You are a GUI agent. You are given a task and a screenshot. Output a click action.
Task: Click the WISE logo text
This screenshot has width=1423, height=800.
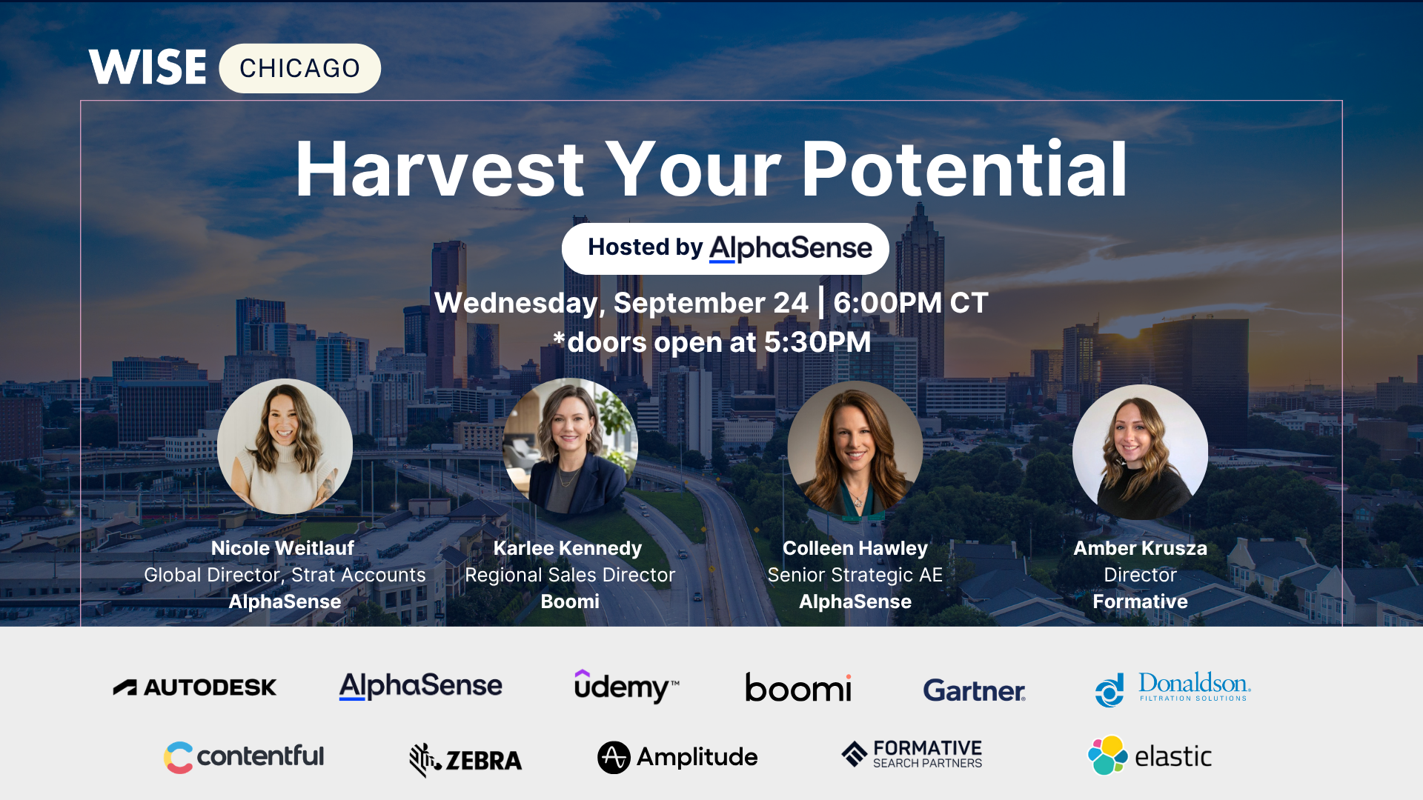[x=147, y=67]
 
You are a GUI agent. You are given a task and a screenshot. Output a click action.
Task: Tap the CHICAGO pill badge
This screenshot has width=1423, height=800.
[x=300, y=68]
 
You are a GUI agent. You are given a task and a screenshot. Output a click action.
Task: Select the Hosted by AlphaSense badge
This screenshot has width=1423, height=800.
[x=726, y=248]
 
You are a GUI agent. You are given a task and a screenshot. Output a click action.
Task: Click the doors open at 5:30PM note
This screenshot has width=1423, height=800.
[x=711, y=342]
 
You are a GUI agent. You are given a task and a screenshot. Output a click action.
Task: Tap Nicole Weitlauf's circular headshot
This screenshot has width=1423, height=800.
[x=285, y=447]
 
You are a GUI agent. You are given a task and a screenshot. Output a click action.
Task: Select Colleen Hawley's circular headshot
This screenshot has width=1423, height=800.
[x=855, y=448]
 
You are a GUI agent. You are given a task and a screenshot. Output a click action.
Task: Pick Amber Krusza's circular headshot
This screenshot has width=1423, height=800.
[x=1140, y=452]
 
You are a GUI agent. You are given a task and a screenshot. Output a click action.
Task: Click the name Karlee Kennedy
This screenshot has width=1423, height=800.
[x=568, y=548]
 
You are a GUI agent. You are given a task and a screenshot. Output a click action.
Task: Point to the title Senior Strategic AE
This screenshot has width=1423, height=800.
[x=855, y=575]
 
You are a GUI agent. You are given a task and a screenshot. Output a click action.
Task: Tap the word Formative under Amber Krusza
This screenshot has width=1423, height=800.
[x=1140, y=601]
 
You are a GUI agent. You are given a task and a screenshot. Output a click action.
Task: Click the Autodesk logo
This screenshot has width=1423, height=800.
[x=195, y=687]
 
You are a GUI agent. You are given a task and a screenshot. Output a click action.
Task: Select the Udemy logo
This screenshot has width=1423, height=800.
[x=626, y=686]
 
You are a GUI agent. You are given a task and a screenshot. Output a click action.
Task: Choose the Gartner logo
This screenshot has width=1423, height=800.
[x=974, y=690]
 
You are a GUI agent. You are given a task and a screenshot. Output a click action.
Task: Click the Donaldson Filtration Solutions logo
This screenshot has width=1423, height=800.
[x=1172, y=689]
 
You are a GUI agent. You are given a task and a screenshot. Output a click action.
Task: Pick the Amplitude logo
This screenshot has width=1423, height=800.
[x=677, y=757]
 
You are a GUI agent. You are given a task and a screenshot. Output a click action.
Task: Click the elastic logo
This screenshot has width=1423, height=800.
[x=1150, y=756]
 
